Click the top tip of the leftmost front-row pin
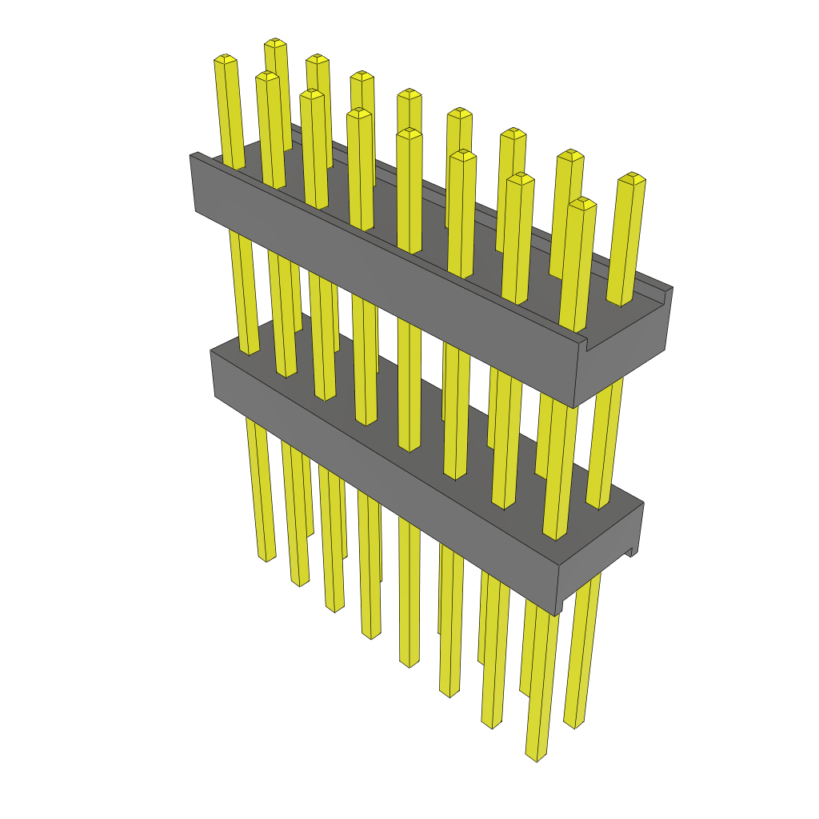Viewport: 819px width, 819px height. tap(225, 59)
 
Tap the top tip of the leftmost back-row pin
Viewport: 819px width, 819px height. tap(275, 42)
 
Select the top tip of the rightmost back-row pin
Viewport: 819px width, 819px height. tap(633, 177)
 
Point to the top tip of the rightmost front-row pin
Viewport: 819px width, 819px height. tap(583, 202)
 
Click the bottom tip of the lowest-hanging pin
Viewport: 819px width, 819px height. tap(535, 755)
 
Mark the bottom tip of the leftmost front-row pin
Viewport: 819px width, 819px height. tap(266, 557)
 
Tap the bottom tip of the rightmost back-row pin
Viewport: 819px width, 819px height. tap(573, 724)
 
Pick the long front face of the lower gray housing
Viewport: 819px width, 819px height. tap(384, 464)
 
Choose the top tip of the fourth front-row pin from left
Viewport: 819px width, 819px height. tap(359, 113)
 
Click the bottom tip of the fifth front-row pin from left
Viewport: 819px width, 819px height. tap(409, 663)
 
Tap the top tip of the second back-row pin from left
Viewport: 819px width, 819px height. tap(318, 58)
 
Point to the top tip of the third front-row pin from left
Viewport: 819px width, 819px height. tap(312, 94)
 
